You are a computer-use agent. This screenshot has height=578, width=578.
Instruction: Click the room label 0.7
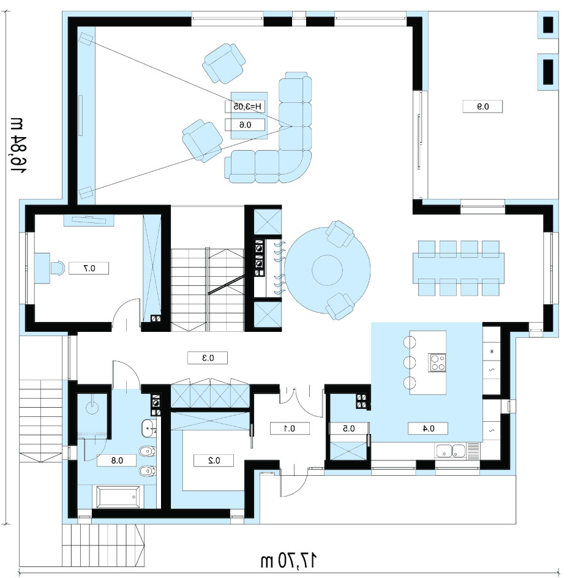click(89, 268)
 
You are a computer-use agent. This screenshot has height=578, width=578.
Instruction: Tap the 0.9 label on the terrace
click(482, 107)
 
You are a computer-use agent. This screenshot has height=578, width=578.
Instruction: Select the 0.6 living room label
click(245, 125)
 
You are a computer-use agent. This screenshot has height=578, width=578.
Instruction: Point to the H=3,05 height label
click(246, 107)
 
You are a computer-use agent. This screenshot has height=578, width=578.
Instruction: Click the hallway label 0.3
click(208, 358)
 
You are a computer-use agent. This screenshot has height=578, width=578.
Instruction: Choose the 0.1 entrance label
click(290, 429)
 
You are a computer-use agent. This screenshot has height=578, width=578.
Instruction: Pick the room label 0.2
click(214, 460)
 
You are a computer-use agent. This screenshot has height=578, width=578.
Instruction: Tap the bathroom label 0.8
click(117, 460)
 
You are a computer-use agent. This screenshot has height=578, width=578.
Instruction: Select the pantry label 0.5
click(349, 429)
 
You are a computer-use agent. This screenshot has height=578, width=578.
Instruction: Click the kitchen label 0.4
click(428, 429)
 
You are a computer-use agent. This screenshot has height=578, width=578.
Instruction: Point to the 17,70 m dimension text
click(288, 560)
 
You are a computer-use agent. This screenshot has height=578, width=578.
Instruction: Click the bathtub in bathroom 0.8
click(119, 497)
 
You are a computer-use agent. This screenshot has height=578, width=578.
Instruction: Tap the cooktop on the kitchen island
click(437, 362)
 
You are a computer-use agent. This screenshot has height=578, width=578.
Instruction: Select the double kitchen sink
click(451, 451)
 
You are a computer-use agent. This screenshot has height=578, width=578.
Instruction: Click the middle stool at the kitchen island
click(410, 362)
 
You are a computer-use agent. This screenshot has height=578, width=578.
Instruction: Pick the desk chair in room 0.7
click(58, 268)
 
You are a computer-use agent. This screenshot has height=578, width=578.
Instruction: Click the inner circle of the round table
click(327, 270)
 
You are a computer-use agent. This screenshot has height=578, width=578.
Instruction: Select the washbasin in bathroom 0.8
click(149, 429)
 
